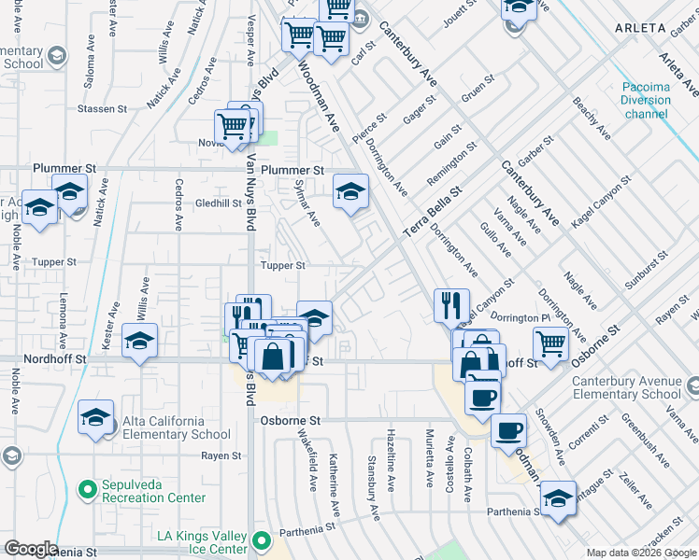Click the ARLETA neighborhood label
[x=641, y=29]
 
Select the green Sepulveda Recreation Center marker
[x=88, y=488]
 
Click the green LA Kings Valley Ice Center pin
[x=262, y=540]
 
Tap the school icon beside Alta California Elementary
[x=95, y=417]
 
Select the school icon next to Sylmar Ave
[x=350, y=192]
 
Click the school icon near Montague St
[x=558, y=497]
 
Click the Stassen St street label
[x=103, y=109]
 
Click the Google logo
[x=31, y=549]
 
